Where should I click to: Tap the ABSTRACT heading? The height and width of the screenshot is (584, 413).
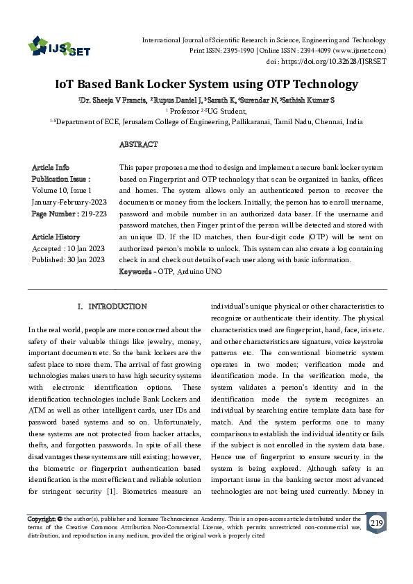139,144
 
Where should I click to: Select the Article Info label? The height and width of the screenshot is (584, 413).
51,168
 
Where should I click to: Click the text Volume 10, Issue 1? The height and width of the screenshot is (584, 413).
61,190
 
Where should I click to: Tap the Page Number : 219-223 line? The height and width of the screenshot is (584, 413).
69,214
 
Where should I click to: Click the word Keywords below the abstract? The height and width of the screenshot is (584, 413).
137,271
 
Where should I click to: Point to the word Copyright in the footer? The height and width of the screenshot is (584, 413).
41,519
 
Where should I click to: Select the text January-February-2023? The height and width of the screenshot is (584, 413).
69,202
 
